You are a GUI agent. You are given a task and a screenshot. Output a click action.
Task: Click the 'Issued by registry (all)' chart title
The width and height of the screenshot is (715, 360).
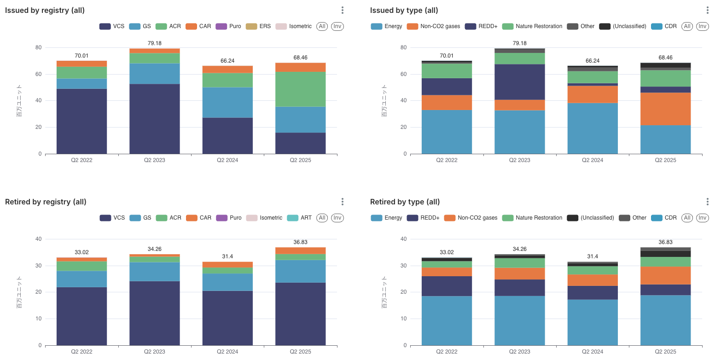[x=45, y=10]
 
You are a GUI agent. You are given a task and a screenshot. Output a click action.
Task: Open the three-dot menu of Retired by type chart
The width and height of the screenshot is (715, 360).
[x=707, y=202]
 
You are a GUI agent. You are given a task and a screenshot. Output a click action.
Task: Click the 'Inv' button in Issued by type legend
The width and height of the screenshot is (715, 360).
[x=702, y=26]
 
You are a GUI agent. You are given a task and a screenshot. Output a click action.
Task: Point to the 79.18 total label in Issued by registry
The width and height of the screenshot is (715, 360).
[x=154, y=43]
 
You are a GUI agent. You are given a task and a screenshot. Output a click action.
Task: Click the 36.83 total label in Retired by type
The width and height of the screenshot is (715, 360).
[x=665, y=242]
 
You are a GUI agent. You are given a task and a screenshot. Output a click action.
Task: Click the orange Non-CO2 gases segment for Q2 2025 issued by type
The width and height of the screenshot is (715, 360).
[x=665, y=109]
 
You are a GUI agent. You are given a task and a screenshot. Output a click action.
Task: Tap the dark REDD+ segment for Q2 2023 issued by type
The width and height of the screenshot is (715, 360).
[x=519, y=82]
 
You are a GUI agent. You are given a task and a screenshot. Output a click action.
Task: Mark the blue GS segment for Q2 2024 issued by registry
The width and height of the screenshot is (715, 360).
[x=227, y=102]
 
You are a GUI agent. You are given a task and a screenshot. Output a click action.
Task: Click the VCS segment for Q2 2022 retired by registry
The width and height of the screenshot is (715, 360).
[x=81, y=316]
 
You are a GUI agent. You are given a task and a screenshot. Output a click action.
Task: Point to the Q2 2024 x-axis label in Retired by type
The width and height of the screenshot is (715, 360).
[x=592, y=352]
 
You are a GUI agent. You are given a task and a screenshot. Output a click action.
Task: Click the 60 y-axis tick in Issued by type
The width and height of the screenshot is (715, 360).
[x=403, y=74]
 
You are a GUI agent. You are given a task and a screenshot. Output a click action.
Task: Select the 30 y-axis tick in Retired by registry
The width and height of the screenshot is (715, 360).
[x=38, y=266]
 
